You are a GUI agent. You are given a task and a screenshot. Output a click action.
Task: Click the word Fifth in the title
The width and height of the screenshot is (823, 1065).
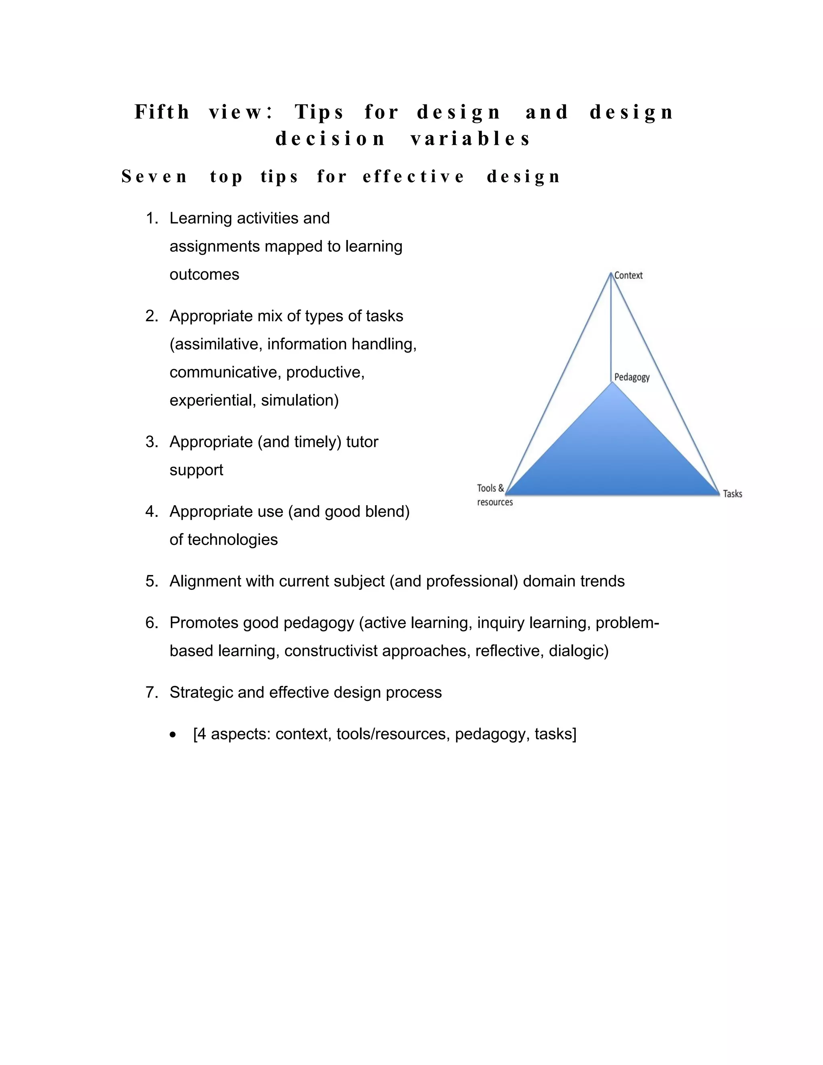pyautogui.click(x=162, y=112)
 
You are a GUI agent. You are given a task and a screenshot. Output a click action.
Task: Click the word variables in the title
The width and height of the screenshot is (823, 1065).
pyautogui.click(x=471, y=139)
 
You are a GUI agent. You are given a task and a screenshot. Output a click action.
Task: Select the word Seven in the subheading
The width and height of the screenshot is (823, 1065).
pyautogui.click(x=154, y=176)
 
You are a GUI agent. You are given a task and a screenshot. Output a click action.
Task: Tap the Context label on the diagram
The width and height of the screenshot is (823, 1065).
pyautogui.click(x=628, y=276)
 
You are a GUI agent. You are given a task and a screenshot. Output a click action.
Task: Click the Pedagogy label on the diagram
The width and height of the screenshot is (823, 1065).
pyautogui.click(x=632, y=377)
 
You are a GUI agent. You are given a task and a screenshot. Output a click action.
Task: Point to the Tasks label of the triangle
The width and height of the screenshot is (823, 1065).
pyautogui.click(x=732, y=494)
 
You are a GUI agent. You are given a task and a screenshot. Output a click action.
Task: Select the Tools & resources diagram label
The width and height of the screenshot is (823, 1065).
pyautogui.click(x=494, y=495)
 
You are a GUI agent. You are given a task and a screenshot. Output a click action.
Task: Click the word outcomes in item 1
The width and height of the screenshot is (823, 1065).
pyautogui.click(x=204, y=274)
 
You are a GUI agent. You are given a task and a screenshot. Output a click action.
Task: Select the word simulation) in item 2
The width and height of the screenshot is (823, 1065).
pyautogui.click(x=300, y=400)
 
